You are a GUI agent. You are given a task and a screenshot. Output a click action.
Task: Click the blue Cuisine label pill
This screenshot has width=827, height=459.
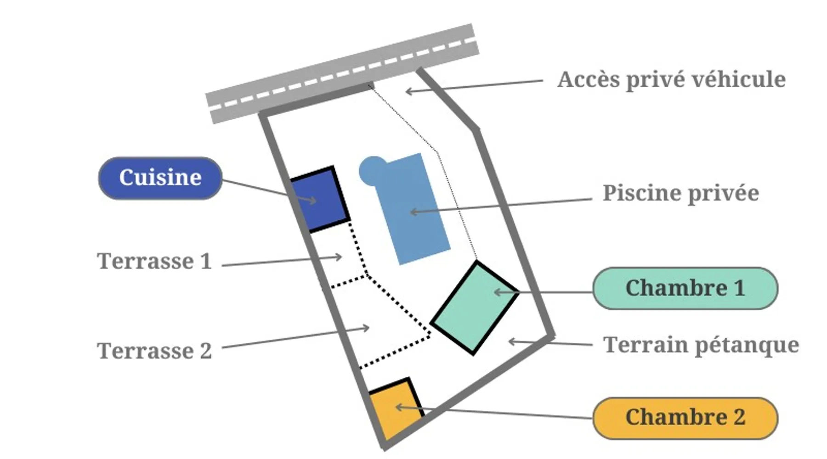(160, 178)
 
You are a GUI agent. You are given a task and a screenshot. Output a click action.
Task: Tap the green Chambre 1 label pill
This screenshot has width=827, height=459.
(685, 288)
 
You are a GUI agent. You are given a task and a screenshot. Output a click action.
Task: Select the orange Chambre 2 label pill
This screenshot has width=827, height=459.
(685, 418)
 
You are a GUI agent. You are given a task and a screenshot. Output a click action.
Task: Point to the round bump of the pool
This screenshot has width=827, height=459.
(371, 170)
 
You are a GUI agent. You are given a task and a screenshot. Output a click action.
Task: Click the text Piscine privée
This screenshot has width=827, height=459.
(680, 193)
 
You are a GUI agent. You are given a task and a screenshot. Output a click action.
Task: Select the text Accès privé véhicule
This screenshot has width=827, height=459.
(671, 79)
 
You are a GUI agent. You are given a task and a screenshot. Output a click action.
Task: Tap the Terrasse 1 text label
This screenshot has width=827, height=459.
(154, 262)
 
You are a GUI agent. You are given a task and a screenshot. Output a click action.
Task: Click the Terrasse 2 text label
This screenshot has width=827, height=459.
(154, 351)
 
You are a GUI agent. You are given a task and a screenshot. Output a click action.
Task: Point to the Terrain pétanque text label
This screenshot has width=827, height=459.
(701, 345)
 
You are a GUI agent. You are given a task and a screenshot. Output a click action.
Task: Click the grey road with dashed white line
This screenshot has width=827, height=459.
(342, 73)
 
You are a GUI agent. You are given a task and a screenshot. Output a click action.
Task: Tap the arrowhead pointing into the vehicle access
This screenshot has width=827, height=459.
(408, 91)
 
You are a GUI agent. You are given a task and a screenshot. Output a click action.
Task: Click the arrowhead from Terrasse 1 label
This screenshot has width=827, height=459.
(340, 257)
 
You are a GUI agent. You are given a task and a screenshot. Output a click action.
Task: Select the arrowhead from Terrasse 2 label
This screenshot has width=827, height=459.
(367, 328)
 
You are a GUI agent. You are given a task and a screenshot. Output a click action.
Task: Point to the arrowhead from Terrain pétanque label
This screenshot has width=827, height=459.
(511, 341)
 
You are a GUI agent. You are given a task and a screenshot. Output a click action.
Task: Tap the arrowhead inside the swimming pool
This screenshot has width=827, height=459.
(413, 212)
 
